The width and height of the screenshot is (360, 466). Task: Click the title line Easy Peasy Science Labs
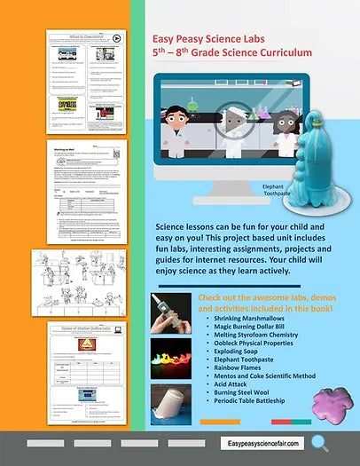pos(209,38)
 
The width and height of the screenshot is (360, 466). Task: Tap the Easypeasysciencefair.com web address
pos(264,442)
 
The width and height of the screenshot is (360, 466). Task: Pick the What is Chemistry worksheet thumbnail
pos(85,82)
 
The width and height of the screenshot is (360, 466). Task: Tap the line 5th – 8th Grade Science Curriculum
pos(223,53)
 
